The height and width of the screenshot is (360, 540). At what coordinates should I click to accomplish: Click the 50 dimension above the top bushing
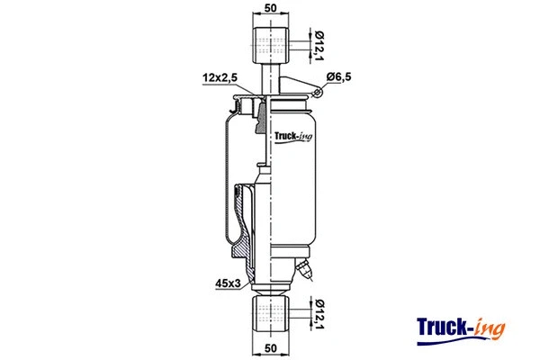[x=269, y=10]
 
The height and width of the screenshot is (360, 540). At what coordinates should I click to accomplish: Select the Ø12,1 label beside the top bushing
[x=317, y=42]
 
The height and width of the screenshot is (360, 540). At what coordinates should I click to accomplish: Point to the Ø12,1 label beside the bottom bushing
[x=317, y=315]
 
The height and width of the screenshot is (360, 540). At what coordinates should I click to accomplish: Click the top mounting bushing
[x=269, y=42]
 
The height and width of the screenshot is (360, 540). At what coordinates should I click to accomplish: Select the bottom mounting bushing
[x=269, y=315]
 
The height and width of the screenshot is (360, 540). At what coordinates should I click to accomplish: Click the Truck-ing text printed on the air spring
[x=292, y=137]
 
